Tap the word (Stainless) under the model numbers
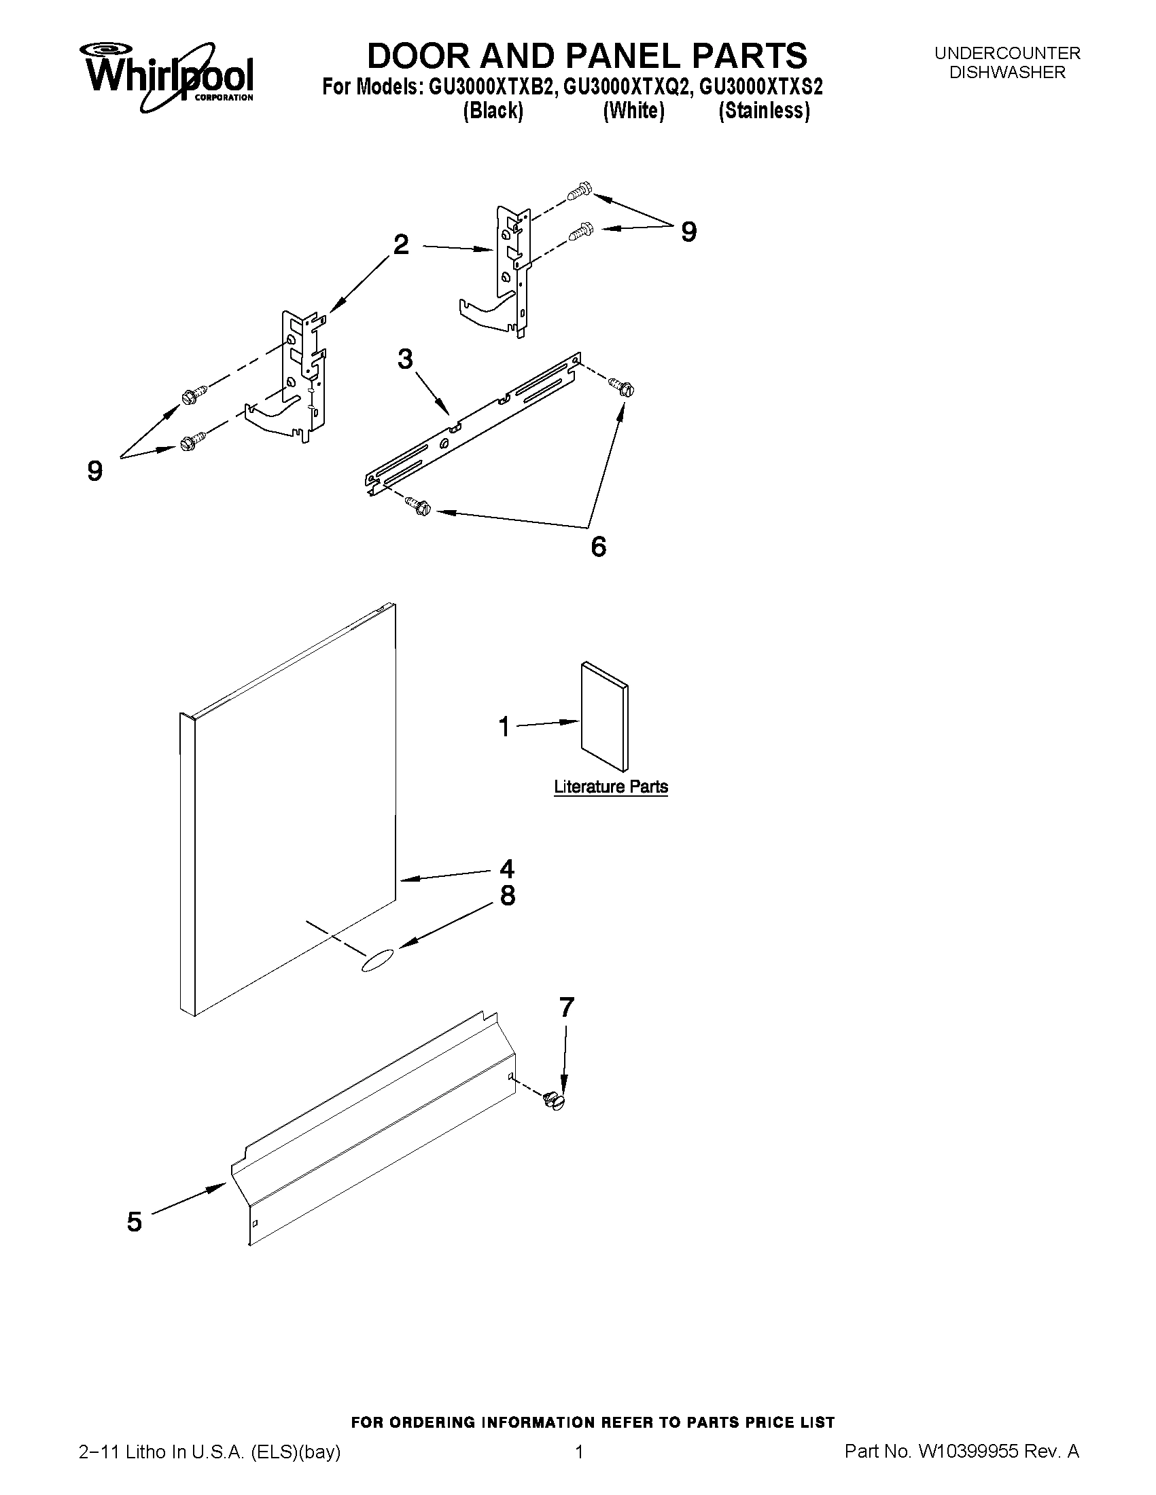pos(764,111)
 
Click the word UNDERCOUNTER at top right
pos(1006,54)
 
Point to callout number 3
pos(405,359)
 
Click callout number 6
pos(598,546)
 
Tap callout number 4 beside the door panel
pos(507,869)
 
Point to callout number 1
pos(504,727)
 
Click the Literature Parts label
pos(610,787)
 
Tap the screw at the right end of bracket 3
pos(623,387)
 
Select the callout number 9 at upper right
pos(688,233)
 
